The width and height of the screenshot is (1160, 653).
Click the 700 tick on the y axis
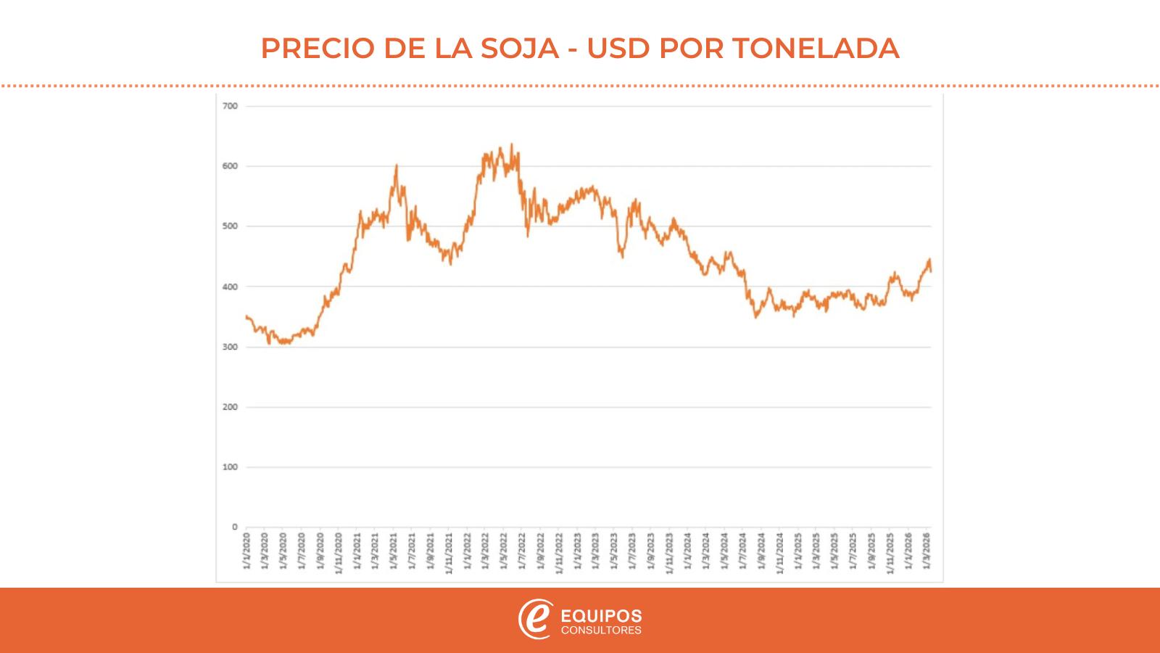[230, 106]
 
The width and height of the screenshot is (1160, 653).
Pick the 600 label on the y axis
[230, 166]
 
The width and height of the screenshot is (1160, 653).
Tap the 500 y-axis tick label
[230, 226]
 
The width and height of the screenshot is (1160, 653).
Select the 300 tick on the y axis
[230, 347]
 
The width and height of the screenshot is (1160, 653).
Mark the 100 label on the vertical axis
[230, 467]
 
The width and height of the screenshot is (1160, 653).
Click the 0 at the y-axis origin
[234, 527]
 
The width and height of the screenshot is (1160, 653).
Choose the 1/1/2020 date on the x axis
[246, 553]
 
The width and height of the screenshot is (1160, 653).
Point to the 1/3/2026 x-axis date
[927, 553]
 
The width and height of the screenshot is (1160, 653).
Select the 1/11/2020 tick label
[338, 555]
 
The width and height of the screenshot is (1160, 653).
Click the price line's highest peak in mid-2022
[512, 144]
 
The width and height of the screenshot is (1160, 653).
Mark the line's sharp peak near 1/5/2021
[396, 165]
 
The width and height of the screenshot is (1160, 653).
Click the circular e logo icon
[535, 620]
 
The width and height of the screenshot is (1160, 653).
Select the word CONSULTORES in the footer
[601, 630]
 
